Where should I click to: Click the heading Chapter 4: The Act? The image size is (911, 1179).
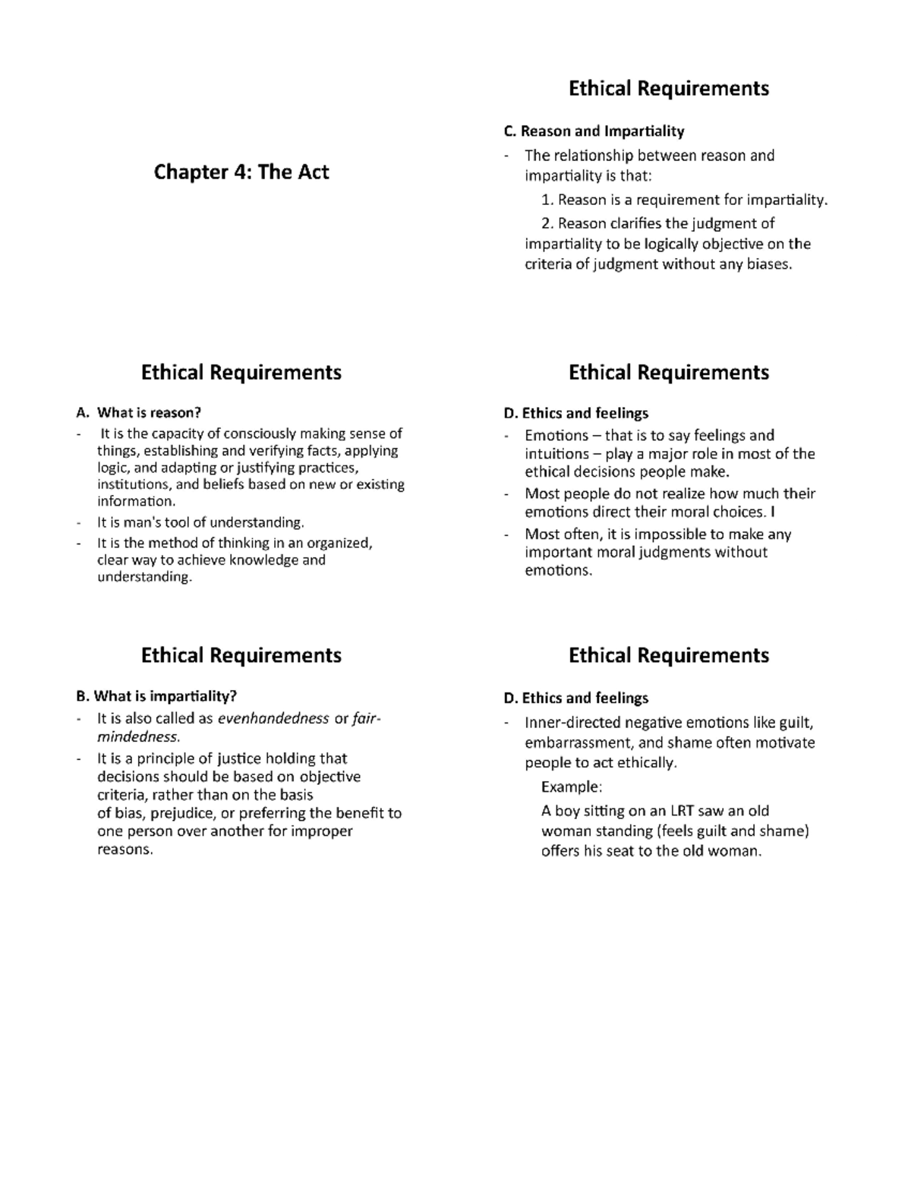(241, 172)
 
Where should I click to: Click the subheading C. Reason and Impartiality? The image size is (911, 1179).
(594, 131)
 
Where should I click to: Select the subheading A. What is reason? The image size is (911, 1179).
(139, 413)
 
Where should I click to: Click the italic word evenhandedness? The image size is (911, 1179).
(273, 718)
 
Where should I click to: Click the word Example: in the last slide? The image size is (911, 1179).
(571, 786)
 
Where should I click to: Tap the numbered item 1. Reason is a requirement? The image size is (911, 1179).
(683, 200)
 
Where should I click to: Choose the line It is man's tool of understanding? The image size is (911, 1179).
(200, 522)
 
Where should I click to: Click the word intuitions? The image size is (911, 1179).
(556, 454)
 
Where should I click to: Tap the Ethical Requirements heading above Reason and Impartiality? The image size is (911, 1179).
(668, 89)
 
